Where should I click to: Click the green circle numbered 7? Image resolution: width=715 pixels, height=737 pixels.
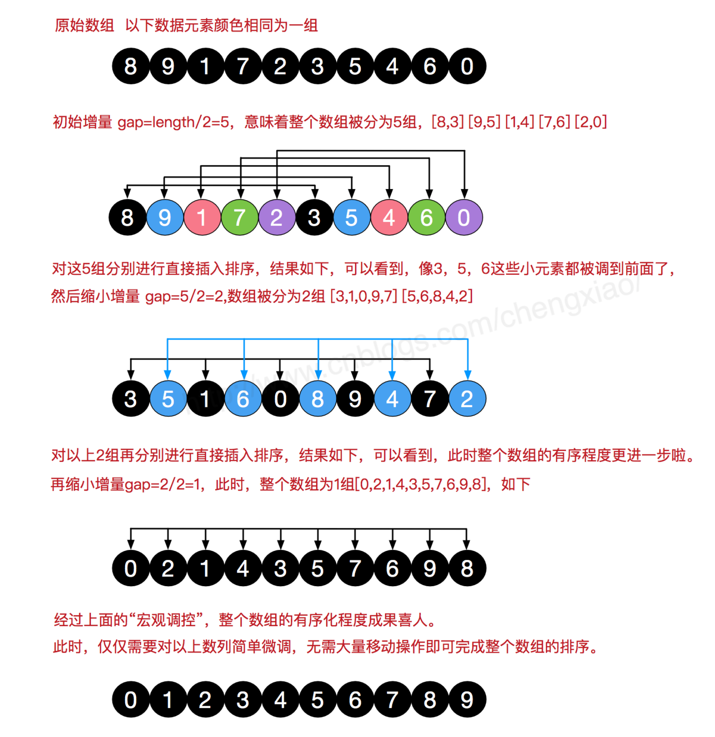[239, 217]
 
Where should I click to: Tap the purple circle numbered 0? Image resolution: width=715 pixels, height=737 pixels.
[464, 217]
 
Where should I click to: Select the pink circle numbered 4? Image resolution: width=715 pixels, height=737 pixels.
[389, 217]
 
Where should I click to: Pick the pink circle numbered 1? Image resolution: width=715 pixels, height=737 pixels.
[202, 217]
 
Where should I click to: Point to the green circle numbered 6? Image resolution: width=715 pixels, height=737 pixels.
[427, 217]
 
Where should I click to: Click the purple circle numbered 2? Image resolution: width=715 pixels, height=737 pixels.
[277, 217]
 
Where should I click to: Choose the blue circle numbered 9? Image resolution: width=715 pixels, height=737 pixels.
[165, 217]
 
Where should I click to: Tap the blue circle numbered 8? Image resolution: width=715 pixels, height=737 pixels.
[318, 399]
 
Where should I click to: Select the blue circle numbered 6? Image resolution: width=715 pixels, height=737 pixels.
[243, 399]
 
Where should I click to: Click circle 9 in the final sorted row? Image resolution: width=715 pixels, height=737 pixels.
[467, 700]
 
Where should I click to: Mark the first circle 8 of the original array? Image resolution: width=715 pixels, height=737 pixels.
[130, 66]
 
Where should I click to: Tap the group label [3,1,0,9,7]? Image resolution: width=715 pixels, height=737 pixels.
[364, 296]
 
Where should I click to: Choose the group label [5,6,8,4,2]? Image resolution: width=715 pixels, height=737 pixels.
[437, 296]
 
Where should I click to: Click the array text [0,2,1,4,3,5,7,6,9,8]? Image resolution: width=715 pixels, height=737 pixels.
[421, 484]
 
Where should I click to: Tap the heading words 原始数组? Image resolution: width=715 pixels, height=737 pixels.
[84, 26]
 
